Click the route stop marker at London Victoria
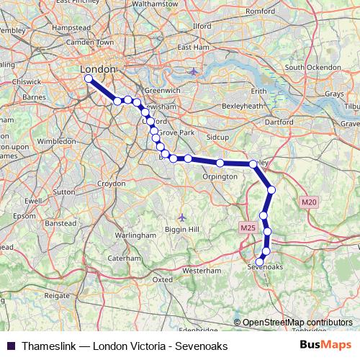click(x=88, y=78)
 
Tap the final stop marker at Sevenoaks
click(x=260, y=262)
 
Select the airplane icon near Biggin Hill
click(x=181, y=217)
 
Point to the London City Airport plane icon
click(x=192, y=72)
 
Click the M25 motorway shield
click(x=248, y=228)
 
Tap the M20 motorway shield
click(x=309, y=202)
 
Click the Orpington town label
click(x=220, y=176)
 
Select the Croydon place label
click(x=112, y=184)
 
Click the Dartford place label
click(x=279, y=122)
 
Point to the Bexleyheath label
click(x=243, y=106)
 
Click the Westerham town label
click(x=202, y=271)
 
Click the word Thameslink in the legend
click(x=49, y=346)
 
